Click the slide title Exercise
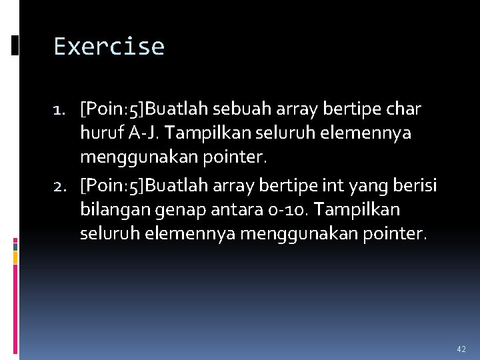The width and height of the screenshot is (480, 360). coord(109,47)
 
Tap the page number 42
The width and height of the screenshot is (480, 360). coord(461,349)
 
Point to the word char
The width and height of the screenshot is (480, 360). coord(404,109)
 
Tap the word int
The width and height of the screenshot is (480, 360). coord(335,186)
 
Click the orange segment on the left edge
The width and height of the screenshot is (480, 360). coord(15,255)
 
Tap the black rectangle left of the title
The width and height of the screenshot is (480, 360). coord(15,45)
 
